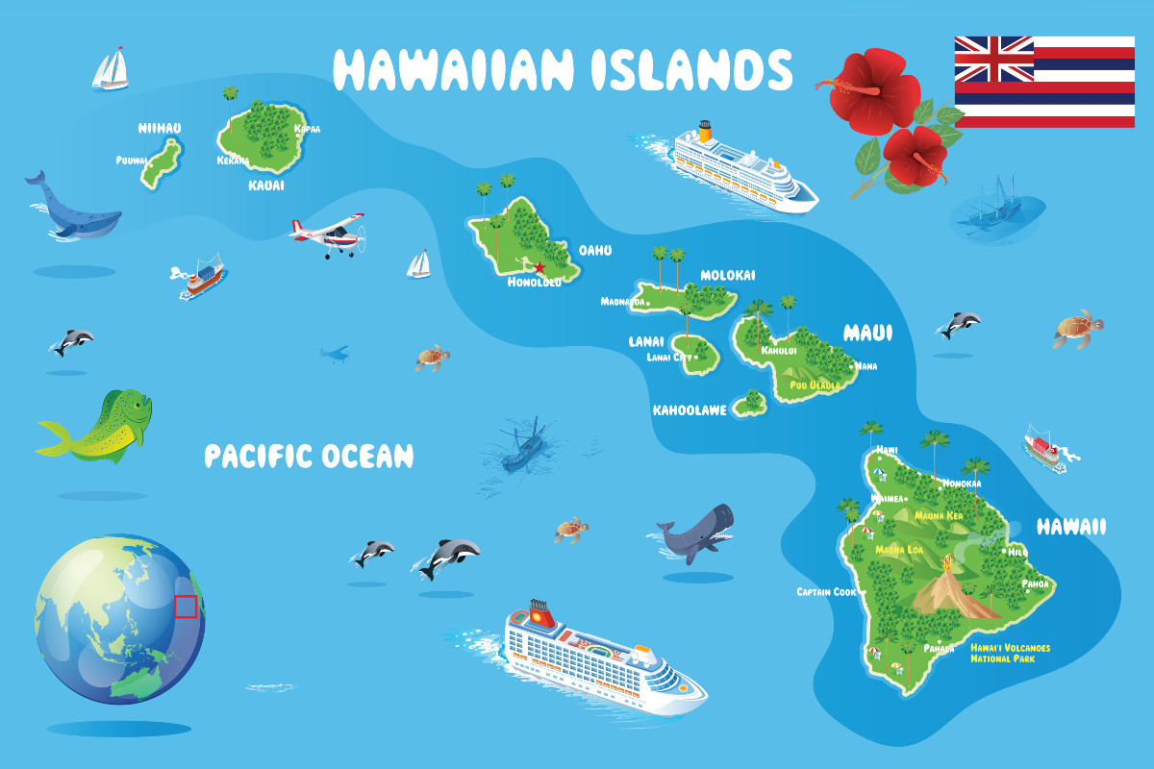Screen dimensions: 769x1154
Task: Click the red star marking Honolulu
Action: tap(539, 267)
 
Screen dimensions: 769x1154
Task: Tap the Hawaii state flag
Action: tap(1043, 82)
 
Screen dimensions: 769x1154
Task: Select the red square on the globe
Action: tap(186, 607)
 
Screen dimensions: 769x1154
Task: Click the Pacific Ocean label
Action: tap(309, 456)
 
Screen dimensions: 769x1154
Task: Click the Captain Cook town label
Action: tap(826, 592)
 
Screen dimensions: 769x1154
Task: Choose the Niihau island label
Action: tap(160, 128)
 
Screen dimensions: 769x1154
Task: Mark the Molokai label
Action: tap(727, 276)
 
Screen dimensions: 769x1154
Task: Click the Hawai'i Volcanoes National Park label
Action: tap(1009, 654)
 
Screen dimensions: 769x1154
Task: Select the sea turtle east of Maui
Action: tap(1077, 329)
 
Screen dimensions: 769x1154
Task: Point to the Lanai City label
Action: tap(669, 358)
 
